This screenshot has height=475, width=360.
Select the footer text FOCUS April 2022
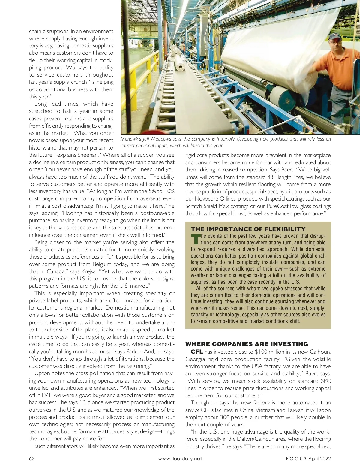pyautogui.click(x=308, y=458)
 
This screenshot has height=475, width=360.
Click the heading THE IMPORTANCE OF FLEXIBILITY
pyautogui.click(x=248, y=229)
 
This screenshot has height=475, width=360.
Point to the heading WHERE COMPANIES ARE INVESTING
pyautogui.click(x=247, y=344)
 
